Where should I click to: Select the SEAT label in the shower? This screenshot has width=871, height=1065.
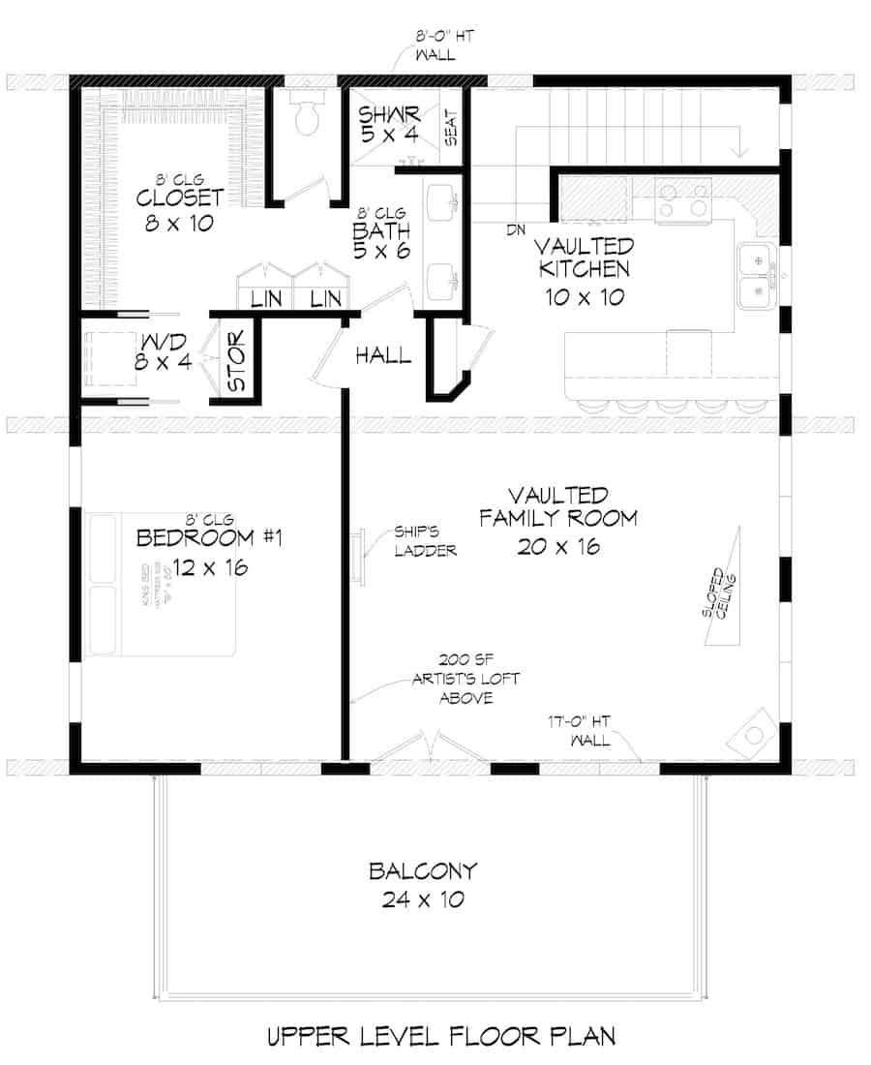[x=451, y=127]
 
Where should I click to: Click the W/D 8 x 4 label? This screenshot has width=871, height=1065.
[x=165, y=354]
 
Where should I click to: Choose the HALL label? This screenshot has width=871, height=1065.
[x=382, y=355]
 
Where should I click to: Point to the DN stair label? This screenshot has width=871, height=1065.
[x=515, y=230]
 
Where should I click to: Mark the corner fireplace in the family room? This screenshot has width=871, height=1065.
[x=755, y=734]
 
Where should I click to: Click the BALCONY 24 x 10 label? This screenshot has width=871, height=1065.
[x=422, y=885]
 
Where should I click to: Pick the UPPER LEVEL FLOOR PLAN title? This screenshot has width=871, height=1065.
[x=440, y=1037]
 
